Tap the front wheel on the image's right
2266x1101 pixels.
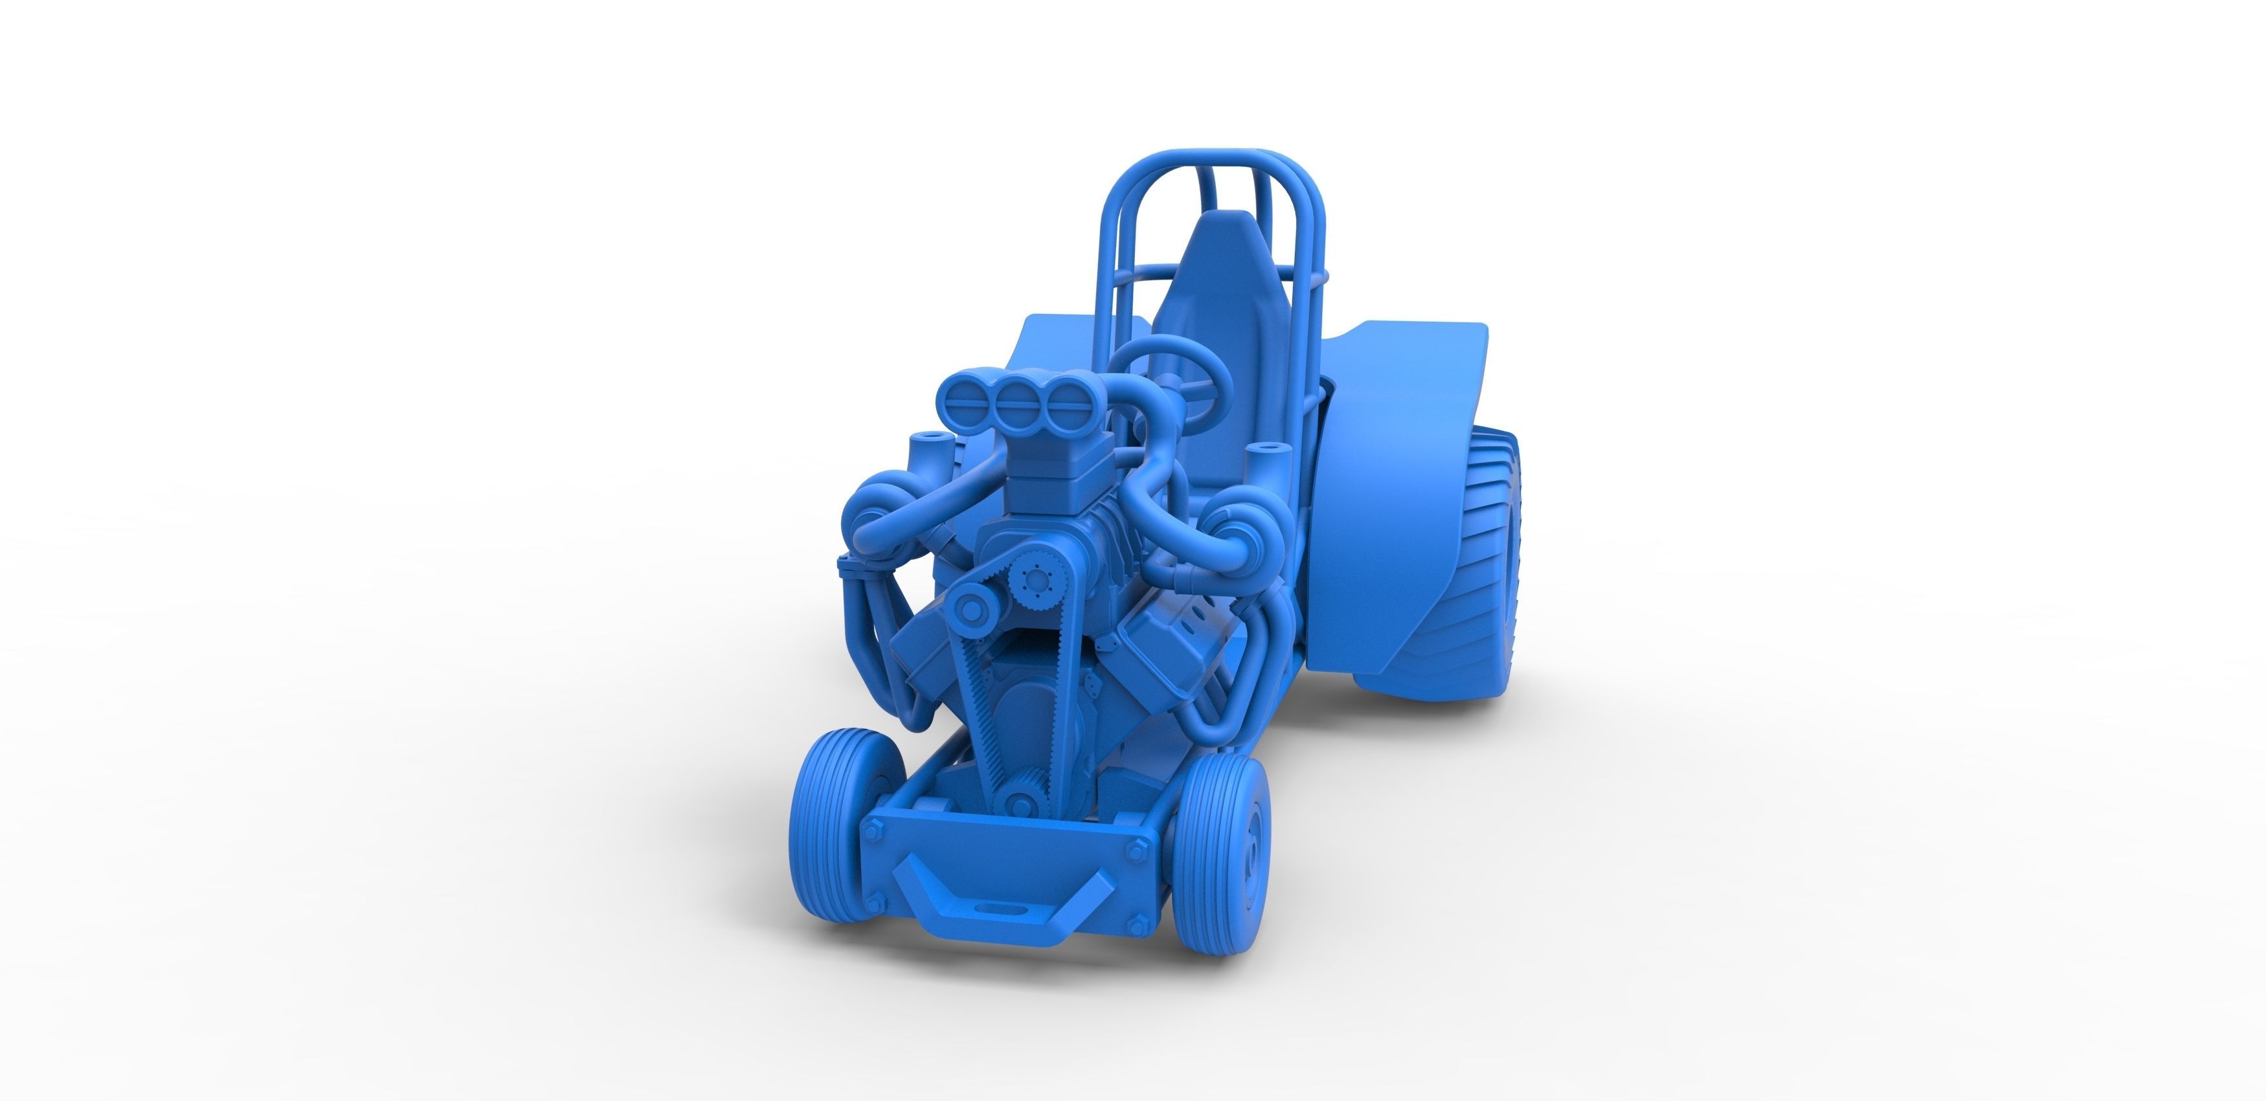[1221, 852]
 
